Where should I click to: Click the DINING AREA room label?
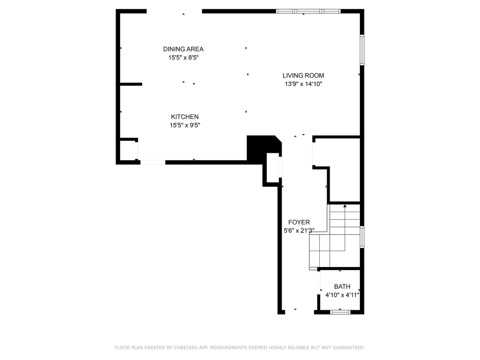coord(183,49)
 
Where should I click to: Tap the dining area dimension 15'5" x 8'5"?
coord(183,57)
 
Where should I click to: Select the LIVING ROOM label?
coord(303,75)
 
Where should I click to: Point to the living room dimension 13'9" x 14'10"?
coord(303,84)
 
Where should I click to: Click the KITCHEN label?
coord(185,117)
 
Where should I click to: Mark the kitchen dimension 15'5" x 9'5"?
coord(185,125)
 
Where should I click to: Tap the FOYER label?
coord(299,222)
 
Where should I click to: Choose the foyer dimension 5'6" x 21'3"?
coord(299,231)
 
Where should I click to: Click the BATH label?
coord(342,286)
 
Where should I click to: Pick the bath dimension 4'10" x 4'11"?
coord(342,295)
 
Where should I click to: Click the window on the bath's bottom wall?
coord(340,312)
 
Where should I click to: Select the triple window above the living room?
coord(308,11)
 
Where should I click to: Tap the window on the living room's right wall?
coord(362,50)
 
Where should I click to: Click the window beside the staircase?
coord(362,237)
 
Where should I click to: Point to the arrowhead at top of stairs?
coord(345,206)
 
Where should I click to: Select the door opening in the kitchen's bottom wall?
coord(153,162)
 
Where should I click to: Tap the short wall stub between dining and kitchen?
coord(131,84)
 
